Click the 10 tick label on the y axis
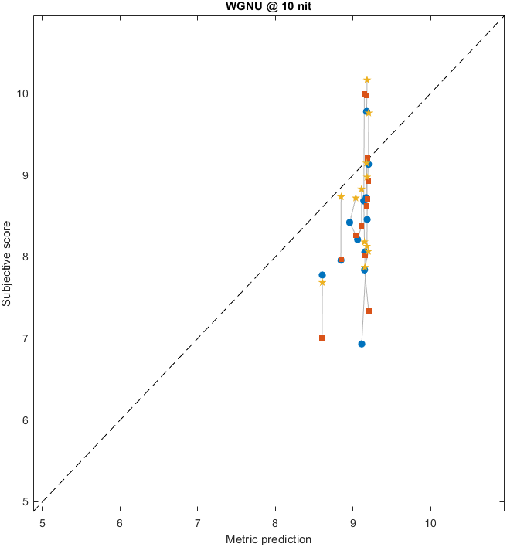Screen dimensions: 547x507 pos(23,93)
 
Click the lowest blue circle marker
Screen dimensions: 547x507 pos(362,344)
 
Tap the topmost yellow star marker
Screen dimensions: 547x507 pos(367,80)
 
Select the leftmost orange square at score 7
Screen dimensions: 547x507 pos(322,338)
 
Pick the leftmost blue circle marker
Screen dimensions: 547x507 pos(322,275)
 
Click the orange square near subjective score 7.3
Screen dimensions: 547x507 pos(369,311)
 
